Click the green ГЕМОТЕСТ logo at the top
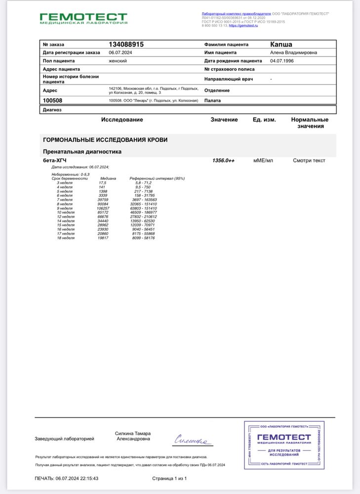point(83,19)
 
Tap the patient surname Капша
point(281,44)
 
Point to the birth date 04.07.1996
point(282,61)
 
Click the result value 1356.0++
point(224,161)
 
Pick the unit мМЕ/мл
point(263,161)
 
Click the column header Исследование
point(122,120)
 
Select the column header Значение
point(224,120)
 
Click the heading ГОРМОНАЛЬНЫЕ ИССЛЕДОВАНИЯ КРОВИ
point(105,140)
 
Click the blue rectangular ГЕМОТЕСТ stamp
point(283,445)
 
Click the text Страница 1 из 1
point(169,478)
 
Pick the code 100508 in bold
point(53,100)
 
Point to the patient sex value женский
point(118,61)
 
